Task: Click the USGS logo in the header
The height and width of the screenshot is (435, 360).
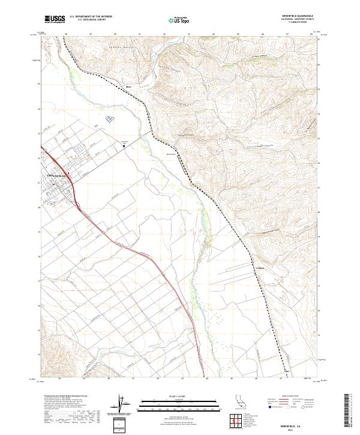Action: pos(55,19)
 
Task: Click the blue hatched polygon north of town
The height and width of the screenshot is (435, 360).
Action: pos(109,119)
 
